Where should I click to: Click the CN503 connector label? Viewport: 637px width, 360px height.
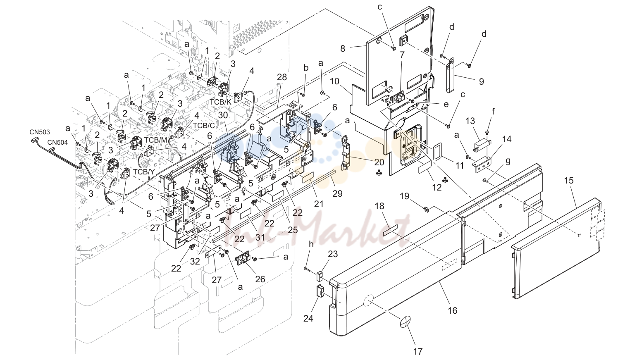click(x=40, y=132)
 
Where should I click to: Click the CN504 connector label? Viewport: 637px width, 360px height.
click(x=57, y=142)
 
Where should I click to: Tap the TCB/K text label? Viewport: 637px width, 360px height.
click(x=220, y=102)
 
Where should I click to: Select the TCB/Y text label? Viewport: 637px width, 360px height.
click(x=143, y=172)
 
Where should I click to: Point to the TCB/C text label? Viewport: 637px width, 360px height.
click(x=204, y=125)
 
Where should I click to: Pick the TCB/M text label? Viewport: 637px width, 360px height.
click(x=155, y=140)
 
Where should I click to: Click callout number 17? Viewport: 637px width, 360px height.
click(x=418, y=351)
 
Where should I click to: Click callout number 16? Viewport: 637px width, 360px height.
click(x=453, y=310)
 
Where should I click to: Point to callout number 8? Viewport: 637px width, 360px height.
click(x=343, y=49)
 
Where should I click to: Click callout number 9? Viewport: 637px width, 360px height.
click(x=481, y=81)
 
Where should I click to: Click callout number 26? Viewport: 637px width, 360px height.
click(x=260, y=279)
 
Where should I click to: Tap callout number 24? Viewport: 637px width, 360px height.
click(x=308, y=319)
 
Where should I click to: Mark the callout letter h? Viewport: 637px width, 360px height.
click(x=311, y=244)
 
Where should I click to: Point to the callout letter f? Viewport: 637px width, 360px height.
click(x=493, y=112)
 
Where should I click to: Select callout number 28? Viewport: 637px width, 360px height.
click(x=282, y=77)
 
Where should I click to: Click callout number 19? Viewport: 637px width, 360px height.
click(x=404, y=196)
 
